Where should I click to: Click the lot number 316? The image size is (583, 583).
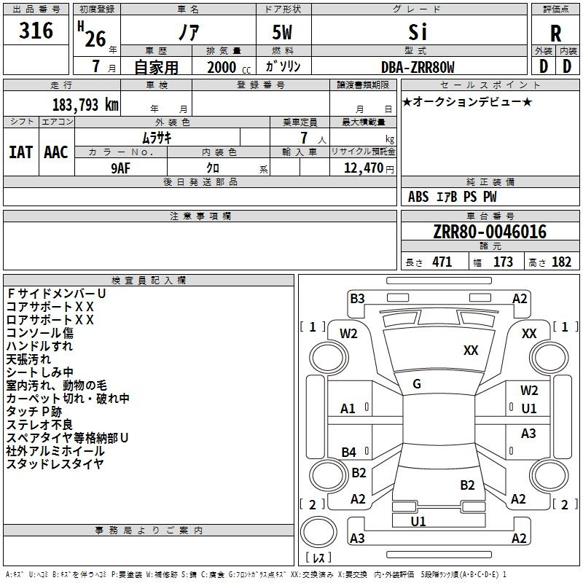coord(36,31)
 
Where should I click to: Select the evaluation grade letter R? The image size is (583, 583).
coord(555,34)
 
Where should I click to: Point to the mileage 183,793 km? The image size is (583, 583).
coord(85,104)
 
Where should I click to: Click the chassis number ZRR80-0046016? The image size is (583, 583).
coord(490,232)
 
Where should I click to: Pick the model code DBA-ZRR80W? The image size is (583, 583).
coord(418,67)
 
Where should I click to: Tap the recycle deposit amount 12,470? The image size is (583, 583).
coord(363,168)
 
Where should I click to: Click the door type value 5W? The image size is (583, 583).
coord(283,33)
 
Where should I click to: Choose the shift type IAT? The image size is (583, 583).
coord(20,152)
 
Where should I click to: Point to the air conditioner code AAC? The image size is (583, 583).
coord(56,152)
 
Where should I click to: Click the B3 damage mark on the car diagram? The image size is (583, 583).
coord(357,298)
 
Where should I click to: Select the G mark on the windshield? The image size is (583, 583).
coord(417,384)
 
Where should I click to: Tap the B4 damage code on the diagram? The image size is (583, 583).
coord(349,453)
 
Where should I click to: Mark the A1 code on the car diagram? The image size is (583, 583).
coord(348,409)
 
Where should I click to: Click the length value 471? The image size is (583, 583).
coord(442,262)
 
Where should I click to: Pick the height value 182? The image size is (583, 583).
coord(561,262)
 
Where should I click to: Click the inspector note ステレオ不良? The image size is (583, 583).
coord(39,425)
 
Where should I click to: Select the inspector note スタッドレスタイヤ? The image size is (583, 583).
coord(55,464)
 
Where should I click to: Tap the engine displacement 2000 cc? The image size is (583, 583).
coord(223,67)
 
